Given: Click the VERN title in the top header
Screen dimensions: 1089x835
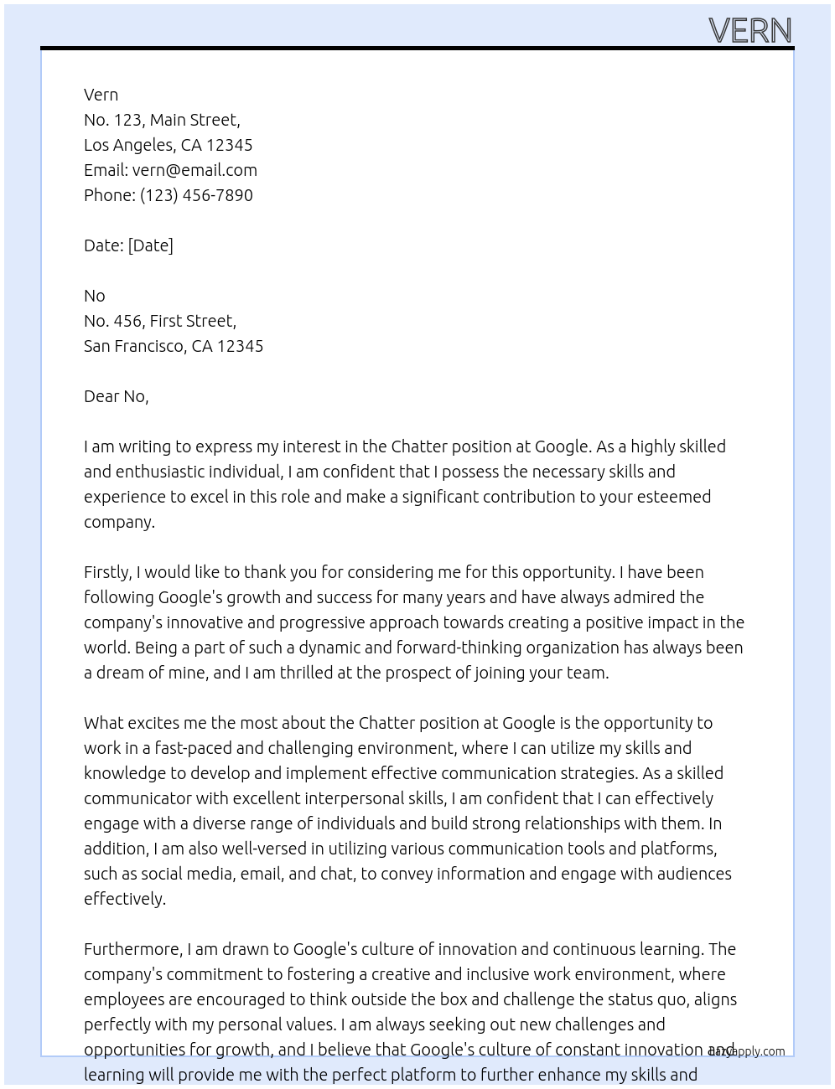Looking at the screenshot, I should [x=749, y=30].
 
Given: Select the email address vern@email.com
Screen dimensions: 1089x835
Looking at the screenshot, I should [x=194, y=170].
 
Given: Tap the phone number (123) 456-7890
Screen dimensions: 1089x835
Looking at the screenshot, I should [x=196, y=195].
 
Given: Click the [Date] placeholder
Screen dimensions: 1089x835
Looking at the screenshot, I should [x=151, y=245].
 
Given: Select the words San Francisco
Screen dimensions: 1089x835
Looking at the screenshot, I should [x=135, y=346].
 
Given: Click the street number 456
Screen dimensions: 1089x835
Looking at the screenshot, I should [x=128, y=321].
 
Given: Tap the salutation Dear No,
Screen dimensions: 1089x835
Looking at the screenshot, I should [x=116, y=396].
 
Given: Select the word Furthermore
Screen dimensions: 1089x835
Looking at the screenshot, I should [x=133, y=949].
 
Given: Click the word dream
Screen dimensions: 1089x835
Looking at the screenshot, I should [x=120, y=673].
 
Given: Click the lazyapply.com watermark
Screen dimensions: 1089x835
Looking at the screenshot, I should [x=747, y=1051].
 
